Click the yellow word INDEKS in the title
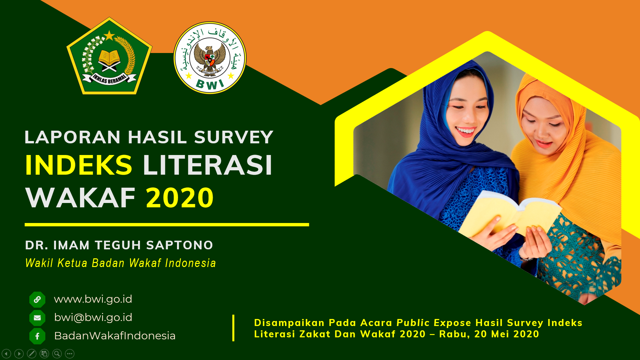point(79,165)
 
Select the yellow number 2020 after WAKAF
point(180,198)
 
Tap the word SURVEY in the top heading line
point(234,137)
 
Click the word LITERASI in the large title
point(208,165)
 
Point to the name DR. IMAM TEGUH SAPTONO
point(119,245)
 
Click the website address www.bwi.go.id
point(93,299)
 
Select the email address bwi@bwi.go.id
point(93,317)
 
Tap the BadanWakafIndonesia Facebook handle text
point(115,336)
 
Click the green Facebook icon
point(37,336)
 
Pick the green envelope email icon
point(37,318)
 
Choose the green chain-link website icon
point(37,299)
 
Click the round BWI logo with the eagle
point(210,58)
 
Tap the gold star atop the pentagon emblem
point(109,35)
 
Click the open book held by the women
point(510,213)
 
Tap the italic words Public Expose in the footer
point(434,323)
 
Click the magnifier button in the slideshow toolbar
point(57,354)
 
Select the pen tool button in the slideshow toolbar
point(32,354)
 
